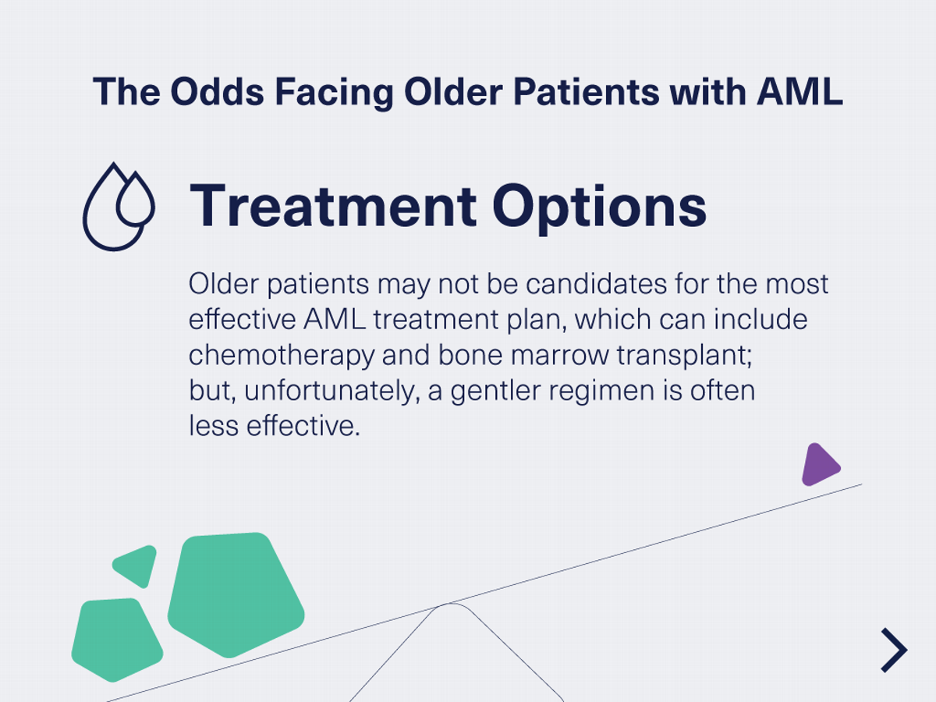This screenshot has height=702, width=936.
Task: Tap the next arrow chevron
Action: click(x=895, y=650)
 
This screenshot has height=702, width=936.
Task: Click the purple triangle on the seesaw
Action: click(x=818, y=466)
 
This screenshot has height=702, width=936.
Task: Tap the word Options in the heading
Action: click(x=599, y=207)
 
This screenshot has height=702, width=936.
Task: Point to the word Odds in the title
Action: click(x=205, y=92)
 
